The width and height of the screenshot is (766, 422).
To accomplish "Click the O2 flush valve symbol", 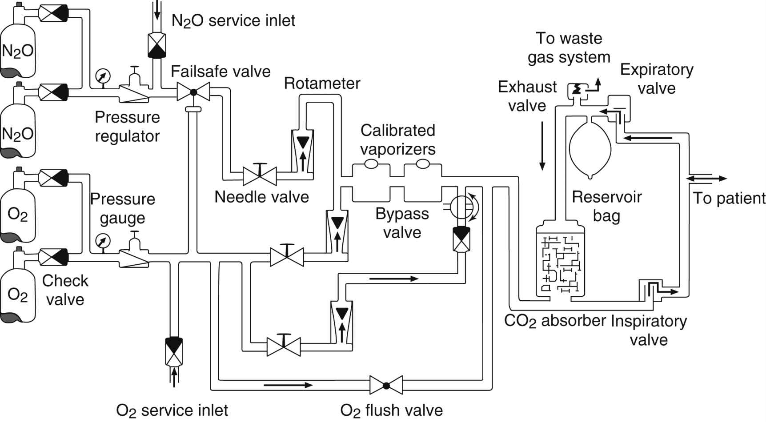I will (x=386, y=385).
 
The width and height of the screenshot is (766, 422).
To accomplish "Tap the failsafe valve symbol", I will (x=193, y=92).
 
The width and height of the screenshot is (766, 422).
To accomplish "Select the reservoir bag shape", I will (x=590, y=149).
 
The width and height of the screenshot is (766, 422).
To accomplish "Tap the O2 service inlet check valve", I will (x=174, y=350).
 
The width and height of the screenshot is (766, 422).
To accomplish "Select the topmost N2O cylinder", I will (x=17, y=51).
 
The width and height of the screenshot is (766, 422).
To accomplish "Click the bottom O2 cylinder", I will (x=17, y=295).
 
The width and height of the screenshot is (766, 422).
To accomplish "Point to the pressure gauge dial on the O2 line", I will (x=103, y=241).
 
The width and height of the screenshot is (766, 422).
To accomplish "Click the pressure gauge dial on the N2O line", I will (x=103, y=76).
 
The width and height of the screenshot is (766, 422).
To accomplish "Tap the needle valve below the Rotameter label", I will (x=260, y=176).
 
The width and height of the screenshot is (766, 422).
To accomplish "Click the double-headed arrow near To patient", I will (x=707, y=179).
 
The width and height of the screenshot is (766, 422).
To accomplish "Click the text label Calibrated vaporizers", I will (x=397, y=139).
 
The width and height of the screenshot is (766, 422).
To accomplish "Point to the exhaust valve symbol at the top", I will (x=577, y=90).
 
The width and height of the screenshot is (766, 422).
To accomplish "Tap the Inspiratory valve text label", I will (x=649, y=330).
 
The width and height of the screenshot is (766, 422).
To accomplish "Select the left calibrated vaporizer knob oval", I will (x=371, y=164).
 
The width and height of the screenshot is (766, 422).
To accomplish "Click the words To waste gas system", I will (x=569, y=48).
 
